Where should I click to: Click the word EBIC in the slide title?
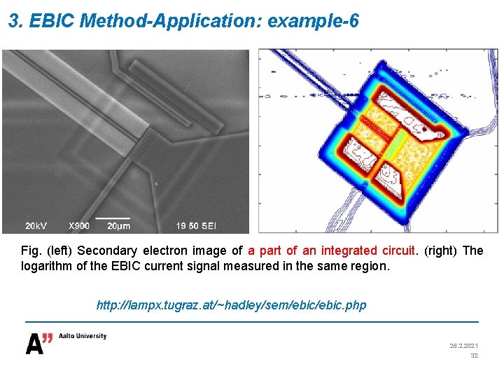pyautogui.click(x=52, y=21)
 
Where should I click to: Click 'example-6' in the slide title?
pyautogui.click(x=313, y=21)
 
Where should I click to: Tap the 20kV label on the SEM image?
pyautogui.click(x=37, y=225)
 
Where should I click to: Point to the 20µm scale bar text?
pyautogui.click(x=118, y=225)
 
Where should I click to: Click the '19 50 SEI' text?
pyautogui.click(x=195, y=225)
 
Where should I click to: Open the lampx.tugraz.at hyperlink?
pyautogui.click(x=231, y=306)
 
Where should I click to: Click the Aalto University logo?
pyautogui.click(x=66, y=342)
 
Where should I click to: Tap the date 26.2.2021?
pyautogui.click(x=464, y=346)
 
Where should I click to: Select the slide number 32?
pyautogui.click(x=474, y=356)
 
